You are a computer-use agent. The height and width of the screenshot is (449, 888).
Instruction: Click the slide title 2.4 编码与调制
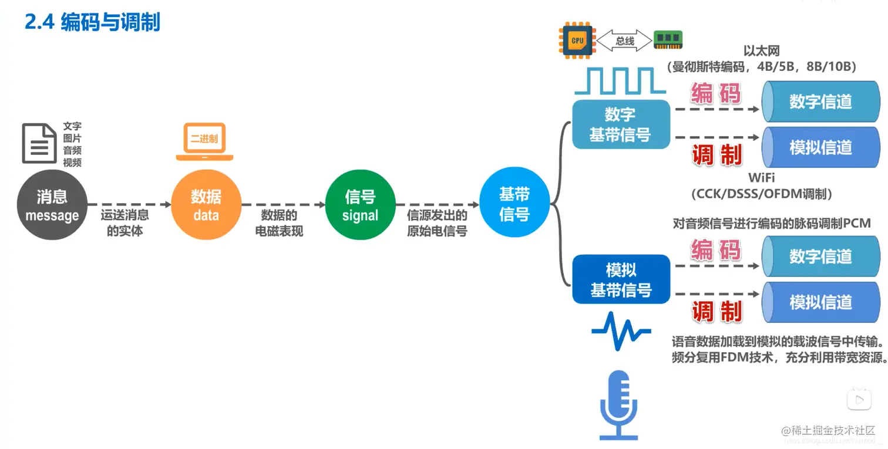tap(92, 23)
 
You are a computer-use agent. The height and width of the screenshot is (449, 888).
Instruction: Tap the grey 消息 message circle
tap(52, 205)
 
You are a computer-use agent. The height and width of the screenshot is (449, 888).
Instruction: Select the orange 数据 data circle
tap(206, 205)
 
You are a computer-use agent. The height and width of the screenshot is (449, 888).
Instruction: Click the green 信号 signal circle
tap(360, 205)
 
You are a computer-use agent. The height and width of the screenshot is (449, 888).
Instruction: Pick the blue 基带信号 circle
tap(514, 205)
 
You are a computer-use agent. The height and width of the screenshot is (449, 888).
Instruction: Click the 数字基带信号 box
tap(621, 124)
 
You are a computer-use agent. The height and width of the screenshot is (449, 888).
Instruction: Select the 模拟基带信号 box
tap(621, 279)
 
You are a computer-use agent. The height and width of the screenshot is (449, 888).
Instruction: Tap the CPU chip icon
tap(577, 40)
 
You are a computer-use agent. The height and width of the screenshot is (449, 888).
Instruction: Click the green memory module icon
tap(668, 40)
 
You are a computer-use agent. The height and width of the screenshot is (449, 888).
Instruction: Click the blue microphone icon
tap(618, 404)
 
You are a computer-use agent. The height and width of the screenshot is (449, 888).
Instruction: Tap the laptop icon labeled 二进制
tap(204, 141)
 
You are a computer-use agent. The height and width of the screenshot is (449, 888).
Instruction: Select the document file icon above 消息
tap(39, 143)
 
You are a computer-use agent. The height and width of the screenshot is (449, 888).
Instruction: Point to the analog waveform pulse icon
tap(621, 332)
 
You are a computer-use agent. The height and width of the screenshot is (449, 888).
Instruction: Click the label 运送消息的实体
tap(125, 223)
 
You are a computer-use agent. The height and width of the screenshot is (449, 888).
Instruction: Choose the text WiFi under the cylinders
tap(761, 177)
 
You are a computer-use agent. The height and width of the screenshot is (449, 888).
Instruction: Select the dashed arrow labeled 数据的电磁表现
tap(282, 205)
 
